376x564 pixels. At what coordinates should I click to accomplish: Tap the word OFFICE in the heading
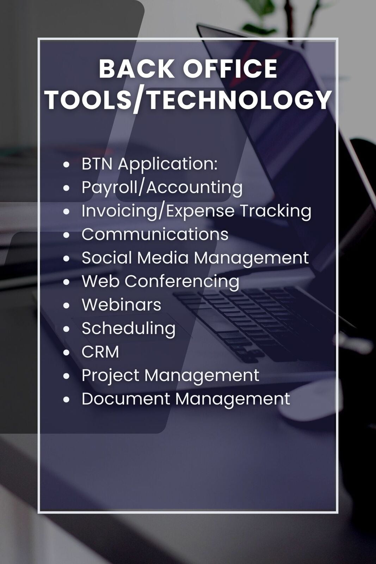click(230, 69)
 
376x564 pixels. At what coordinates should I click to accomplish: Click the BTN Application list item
click(149, 164)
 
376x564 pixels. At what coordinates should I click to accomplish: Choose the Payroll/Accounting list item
click(162, 188)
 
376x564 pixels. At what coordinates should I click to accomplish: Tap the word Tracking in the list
click(276, 211)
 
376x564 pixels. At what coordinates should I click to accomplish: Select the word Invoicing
click(119, 211)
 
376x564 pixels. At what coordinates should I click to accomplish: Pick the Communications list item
click(155, 234)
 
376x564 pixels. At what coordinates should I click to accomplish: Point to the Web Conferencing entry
click(160, 282)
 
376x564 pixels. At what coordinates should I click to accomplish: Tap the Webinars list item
click(121, 305)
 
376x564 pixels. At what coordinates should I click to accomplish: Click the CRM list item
click(100, 352)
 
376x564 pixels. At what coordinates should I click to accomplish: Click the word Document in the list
click(125, 399)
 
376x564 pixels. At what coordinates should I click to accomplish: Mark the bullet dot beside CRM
click(66, 352)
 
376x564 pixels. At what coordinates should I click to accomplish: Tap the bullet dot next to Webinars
click(66, 306)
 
